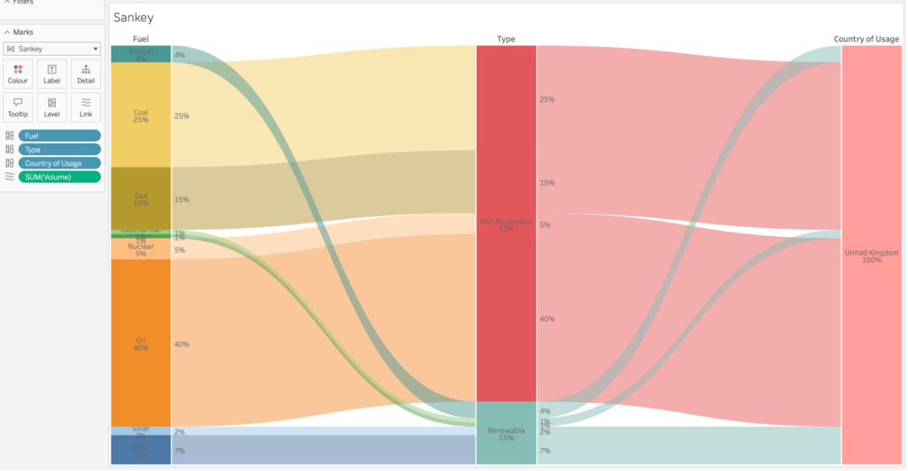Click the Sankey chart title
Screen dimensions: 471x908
coord(133,18)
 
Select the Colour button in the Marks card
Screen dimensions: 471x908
coord(18,74)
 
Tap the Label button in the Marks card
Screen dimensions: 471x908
coord(51,74)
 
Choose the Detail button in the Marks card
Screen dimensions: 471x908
coord(86,74)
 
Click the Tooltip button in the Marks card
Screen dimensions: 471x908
coord(18,107)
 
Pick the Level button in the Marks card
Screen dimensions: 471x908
coord(51,107)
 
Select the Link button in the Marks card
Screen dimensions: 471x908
coord(86,107)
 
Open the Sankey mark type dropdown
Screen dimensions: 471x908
coord(51,49)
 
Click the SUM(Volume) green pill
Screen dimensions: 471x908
coord(59,177)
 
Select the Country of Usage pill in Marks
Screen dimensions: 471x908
coord(59,163)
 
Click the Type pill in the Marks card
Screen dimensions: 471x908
coord(59,149)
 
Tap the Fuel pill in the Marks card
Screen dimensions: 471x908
coord(59,136)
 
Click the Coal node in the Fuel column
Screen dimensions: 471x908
coord(141,115)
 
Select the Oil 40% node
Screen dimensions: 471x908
coord(141,343)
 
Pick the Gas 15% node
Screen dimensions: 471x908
coord(141,198)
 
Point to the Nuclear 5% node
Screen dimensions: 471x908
coord(141,249)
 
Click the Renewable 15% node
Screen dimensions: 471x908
coord(506,433)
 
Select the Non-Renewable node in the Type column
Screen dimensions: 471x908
coord(506,224)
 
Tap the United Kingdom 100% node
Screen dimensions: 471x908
coord(872,255)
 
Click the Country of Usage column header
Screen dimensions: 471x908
coord(866,39)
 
